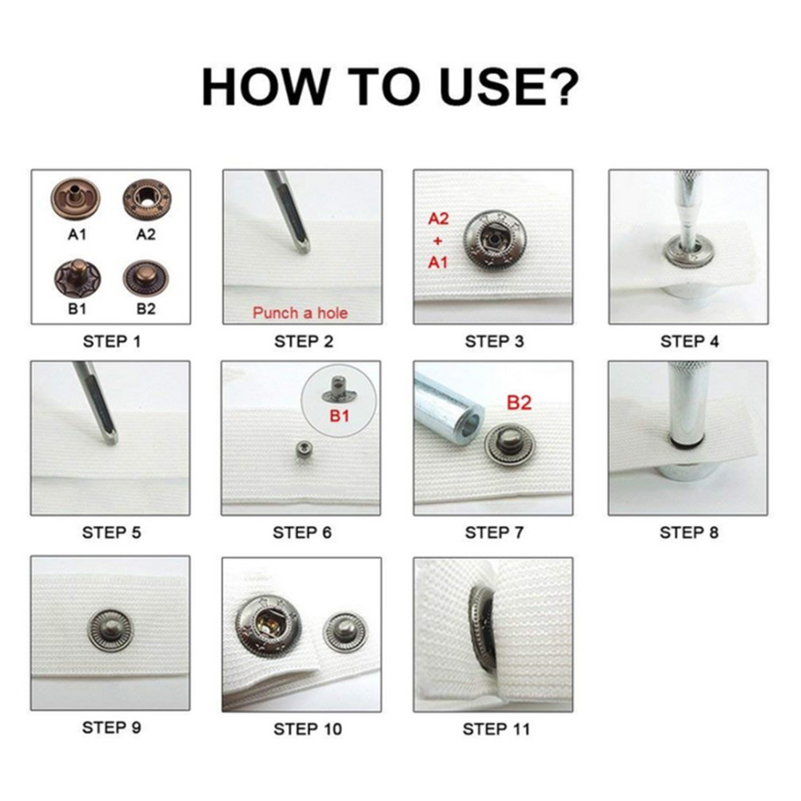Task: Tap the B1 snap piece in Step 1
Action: pyautogui.click(x=77, y=279)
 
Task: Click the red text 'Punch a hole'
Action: pyautogui.click(x=301, y=313)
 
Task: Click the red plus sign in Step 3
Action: pyautogui.click(x=438, y=241)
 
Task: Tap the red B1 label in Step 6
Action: pyautogui.click(x=339, y=416)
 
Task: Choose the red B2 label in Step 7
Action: pyautogui.click(x=519, y=403)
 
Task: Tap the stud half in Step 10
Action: pyautogui.click(x=345, y=632)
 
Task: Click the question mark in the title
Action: pyautogui.click(x=564, y=87)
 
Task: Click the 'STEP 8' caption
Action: pyautogui.click(x=688, y=533)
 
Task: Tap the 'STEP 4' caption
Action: pyautogui.click(x=689, y=341)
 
